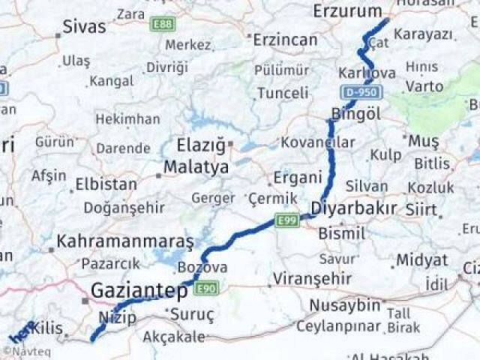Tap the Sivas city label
[x=84, y=27]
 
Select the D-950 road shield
[x=362, y=92]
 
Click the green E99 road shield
[x=286, y=220]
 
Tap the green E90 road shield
[x=207, y=287]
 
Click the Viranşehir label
[x=312, y=278]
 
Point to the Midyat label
[x=421, y=259]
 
